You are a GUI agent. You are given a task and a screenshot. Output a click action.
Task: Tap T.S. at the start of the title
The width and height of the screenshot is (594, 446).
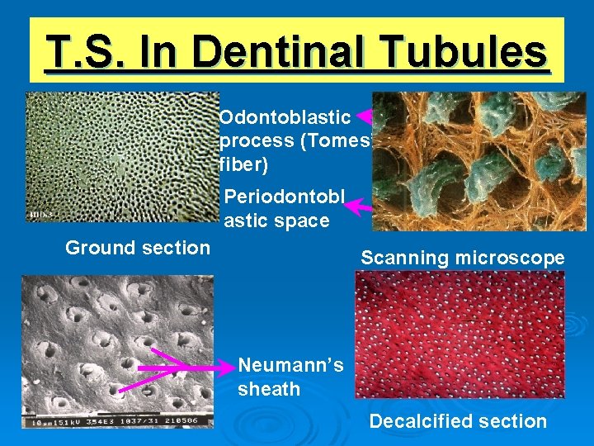tap(82, 53)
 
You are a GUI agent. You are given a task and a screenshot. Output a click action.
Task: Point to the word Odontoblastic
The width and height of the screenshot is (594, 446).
tap(285, 118)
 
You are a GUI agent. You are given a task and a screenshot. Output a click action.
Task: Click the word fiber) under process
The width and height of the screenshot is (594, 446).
tap(244, 164)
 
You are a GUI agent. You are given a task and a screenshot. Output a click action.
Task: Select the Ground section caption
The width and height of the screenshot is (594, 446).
tap(137, 248)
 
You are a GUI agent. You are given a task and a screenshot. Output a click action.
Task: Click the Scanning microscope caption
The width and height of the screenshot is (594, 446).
tap(462, 258)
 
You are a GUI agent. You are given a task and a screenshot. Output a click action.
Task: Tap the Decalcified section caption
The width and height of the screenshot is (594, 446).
tap(458, 421)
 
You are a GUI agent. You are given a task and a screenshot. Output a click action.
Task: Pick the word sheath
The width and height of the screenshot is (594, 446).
tap(269, 389)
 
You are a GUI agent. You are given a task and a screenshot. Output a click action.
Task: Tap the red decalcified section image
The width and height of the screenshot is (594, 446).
tap(459, 334)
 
